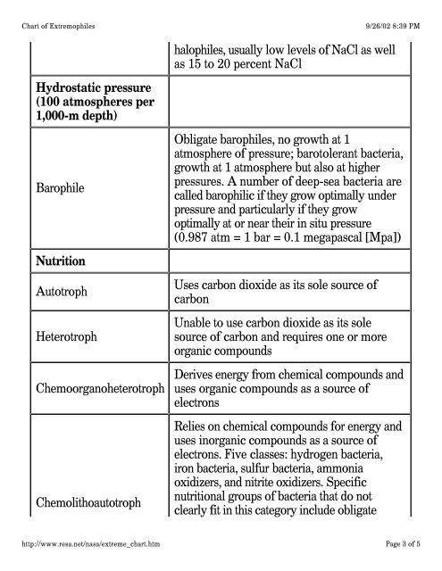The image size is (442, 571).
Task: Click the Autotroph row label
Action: coord(63,292)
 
